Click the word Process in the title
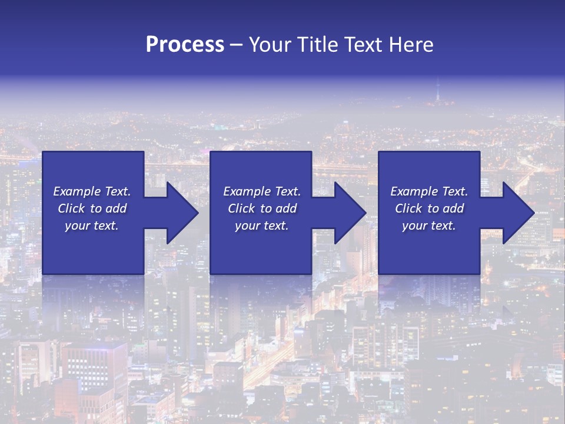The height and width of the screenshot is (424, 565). (x=185, y=45)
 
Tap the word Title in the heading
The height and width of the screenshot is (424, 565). (x=318, y=45)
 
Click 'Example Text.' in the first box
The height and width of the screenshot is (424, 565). (x=92, y=191)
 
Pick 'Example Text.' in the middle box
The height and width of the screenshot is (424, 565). (x=262, y=191)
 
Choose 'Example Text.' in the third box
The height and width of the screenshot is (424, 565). (x=429, y=191)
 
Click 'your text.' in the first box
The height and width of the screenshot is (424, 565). (x=92, y=226)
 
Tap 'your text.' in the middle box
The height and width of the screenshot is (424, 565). (x=262, y=226)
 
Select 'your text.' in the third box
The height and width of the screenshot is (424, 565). (x=429, y=226)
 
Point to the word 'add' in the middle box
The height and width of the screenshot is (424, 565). (x=286, y=208)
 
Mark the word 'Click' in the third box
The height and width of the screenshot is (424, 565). (x=409, y=208)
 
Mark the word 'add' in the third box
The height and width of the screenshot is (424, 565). (x=453, y=208)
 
